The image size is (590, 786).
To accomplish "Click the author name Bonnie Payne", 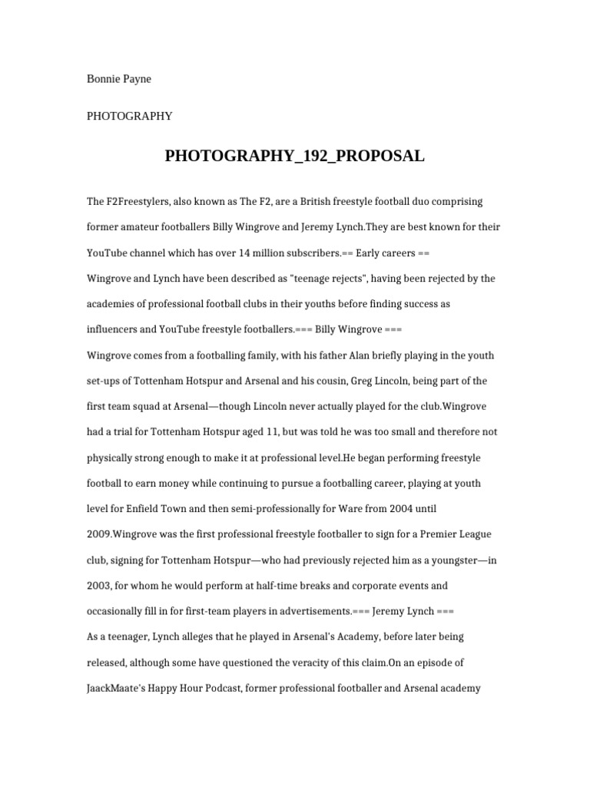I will (119, 79).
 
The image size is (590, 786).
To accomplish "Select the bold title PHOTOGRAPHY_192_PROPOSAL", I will (294, 157).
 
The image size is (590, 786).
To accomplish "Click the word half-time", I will (283, 586).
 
